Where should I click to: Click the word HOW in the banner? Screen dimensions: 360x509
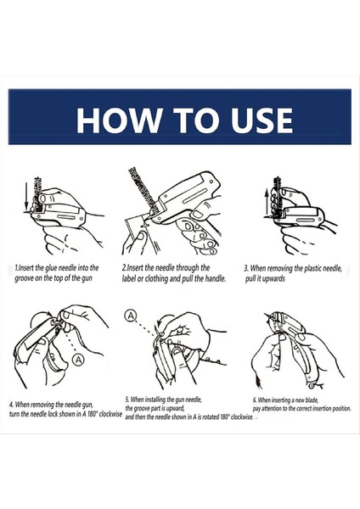pyautogui.click(x=119, y=120)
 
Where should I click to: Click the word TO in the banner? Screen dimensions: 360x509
pyautogui.click(x=196, y=120)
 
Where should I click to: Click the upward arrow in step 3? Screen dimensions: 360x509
pyautogui.click(x=267, y=202)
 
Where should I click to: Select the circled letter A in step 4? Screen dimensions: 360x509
pyautogui.click(x=78, y=360)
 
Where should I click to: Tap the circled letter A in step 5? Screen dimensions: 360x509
pyautogui.click(x=131, y=316)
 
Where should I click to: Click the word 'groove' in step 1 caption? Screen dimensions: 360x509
pyautogui.click(x=24, y=278)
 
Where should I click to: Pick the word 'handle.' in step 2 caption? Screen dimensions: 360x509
pyautogui.click(x=215, y=278)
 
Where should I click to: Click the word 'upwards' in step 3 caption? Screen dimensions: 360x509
pyautogui.click(x=275, y=279)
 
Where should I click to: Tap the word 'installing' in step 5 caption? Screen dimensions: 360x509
pyautogui.click(x=155, y=400)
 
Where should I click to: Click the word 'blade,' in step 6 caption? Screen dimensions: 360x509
pyautogui.click(x=312, y=400)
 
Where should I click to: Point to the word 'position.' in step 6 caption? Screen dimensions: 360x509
pyautogui.click(x=340, y=408)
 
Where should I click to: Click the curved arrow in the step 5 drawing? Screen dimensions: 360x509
pyautogui.click(x=160, y=320)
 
